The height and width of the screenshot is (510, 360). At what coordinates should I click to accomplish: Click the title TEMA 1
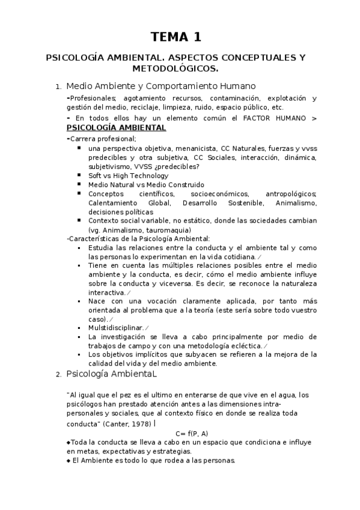click(176, 37)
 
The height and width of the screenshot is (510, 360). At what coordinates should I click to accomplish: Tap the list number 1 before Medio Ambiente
click(56, 87)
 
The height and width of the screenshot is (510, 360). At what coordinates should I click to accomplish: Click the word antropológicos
click(291, 194)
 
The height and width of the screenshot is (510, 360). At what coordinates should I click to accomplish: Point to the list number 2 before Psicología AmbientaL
click(57, 375)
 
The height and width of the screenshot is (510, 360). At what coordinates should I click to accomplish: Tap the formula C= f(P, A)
click(192, 433)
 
